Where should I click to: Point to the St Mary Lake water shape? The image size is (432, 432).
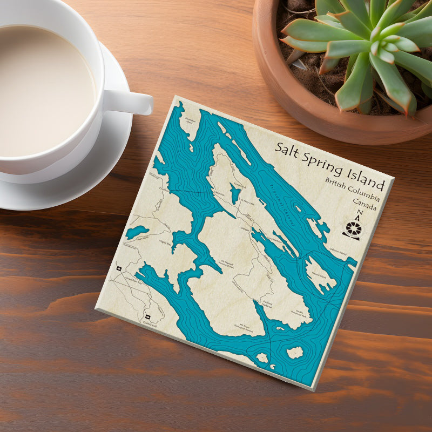click(x=234, y=192)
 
